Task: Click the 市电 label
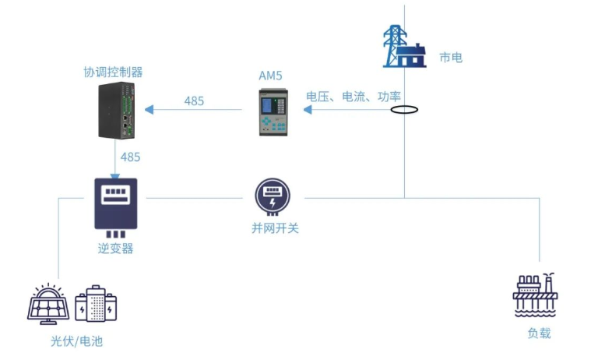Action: pos(451,57)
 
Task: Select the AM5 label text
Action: pos(271,76)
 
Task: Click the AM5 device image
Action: pos(272,112)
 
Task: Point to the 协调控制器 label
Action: pos(114,72)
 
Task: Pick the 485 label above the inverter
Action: pos(131,157)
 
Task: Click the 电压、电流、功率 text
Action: pos(354,97)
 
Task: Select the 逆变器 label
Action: pos(115,248)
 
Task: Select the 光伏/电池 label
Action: pos(77,341)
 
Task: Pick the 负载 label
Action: pos(539,333)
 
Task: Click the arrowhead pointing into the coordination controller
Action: pos(149,110)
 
